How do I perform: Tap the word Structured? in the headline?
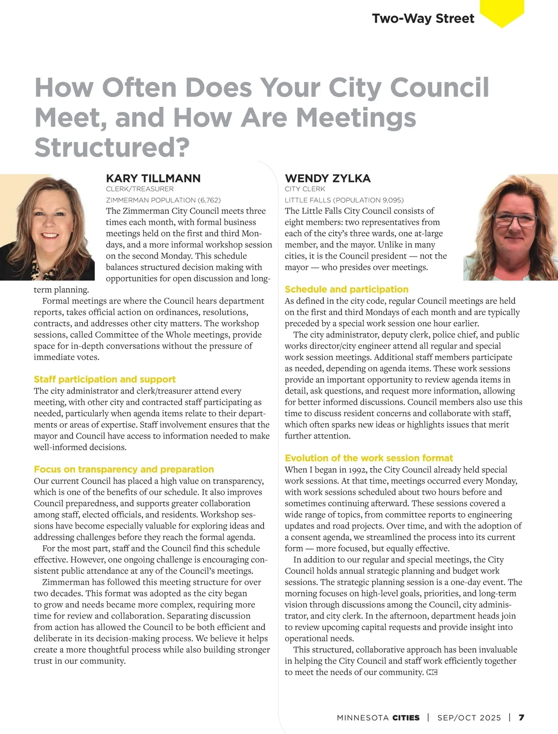(112, 147)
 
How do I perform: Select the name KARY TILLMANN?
(153, 178)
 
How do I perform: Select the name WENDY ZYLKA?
(328, 178)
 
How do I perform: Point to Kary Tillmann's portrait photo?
(47, 228)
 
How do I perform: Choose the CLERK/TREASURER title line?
(139, 189)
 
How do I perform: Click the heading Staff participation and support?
(105, 380)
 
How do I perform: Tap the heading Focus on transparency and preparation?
(124, 469)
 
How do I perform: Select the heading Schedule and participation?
(346, 289)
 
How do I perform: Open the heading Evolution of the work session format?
(369, 458)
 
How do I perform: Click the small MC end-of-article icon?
(432, 672)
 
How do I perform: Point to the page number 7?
(521, 718)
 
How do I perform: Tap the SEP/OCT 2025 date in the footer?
(469, 718)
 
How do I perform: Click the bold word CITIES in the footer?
(406, 718)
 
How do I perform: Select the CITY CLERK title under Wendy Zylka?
(305, 189)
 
